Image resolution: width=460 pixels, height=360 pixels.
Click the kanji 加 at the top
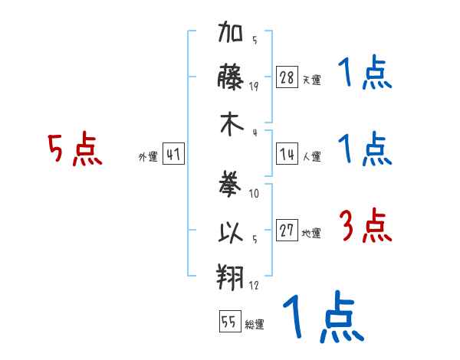[x=230, y=31]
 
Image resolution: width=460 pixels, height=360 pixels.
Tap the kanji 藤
[x=230, y=77]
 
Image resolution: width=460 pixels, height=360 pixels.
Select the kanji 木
[x=232, y=124]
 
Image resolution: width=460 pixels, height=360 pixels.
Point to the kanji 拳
[x=230, y=183]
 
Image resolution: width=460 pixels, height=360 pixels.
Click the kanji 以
[x=231, y=232]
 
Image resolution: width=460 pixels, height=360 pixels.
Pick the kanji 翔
[x=230, y=277]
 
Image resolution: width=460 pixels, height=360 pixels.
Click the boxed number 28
[x=287, y=77]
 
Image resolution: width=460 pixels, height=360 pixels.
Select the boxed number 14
[x=287, y=154]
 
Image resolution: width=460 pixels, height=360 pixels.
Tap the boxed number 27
[x=287, y=230]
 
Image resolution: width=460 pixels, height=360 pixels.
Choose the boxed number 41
[x=173, y=154]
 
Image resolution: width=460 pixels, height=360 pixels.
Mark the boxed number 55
[x=230, y=321]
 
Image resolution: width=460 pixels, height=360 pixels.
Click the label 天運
[x=312, y=80]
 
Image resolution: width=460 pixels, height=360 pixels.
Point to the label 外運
[x=148, y=156]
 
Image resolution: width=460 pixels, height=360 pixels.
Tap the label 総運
[x=255, y=324]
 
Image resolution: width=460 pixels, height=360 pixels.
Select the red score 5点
[x=75, y=149]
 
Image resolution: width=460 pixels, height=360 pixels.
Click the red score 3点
[x=366, y=225]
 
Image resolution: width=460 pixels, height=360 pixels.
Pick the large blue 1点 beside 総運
[x=324, y=316]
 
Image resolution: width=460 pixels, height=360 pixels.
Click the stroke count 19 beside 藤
[x=254, y=87]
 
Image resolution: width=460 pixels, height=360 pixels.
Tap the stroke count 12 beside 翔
[x=254, y=285]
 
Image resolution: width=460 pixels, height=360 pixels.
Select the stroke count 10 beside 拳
[x=254, y=193]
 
